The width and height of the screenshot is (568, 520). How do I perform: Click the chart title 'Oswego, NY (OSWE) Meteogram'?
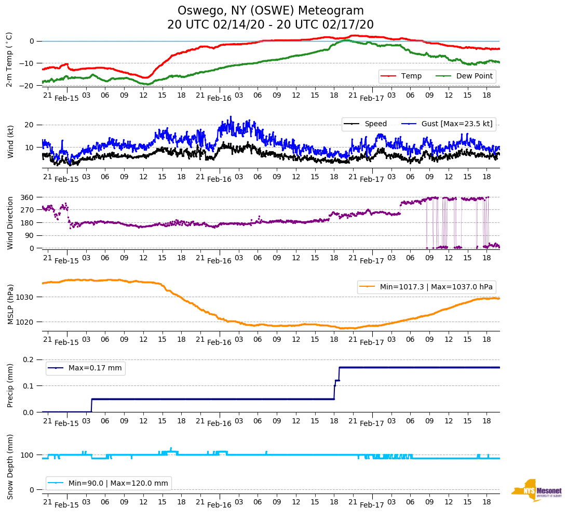[x=271, y=11]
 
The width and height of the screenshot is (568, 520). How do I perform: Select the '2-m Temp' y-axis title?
[x=9, y=59]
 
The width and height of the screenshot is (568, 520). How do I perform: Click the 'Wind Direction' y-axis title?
[x=10, y=223]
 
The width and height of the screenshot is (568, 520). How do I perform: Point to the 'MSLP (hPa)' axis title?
[x=10, y=304]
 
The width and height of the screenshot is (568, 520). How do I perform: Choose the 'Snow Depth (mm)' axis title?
[x=10, y=466]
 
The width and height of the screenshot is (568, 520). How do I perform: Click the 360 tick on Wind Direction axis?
[x=28, y=197]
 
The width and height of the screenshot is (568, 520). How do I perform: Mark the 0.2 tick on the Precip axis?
[x=29, y=359]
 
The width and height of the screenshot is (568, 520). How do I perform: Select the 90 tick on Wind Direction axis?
[x=30, y=236]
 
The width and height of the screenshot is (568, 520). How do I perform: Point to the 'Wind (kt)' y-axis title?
[x=10, y=141]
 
